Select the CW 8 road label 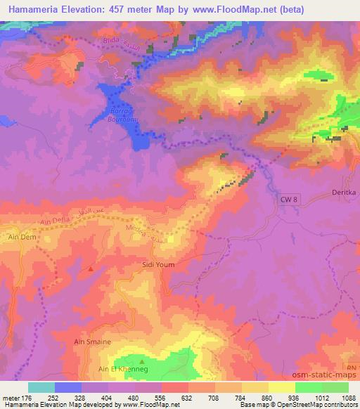coord(282,200)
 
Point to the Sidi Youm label coord(158,264)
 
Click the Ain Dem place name coord(21,238)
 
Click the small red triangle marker coord(91,268)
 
